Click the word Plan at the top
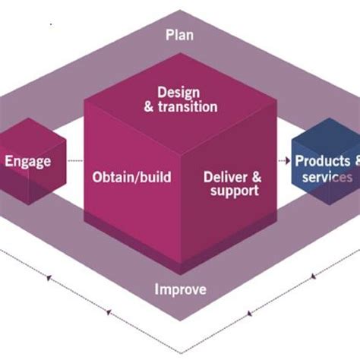[x=180, y=34]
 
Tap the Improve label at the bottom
[x=180, y=289]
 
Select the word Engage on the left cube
[x=27, y=161]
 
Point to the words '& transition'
[x=180, y=107]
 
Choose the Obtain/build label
[x=131, y=177]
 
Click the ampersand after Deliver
[x=255, y=176]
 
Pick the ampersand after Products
[x=355, y=161]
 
